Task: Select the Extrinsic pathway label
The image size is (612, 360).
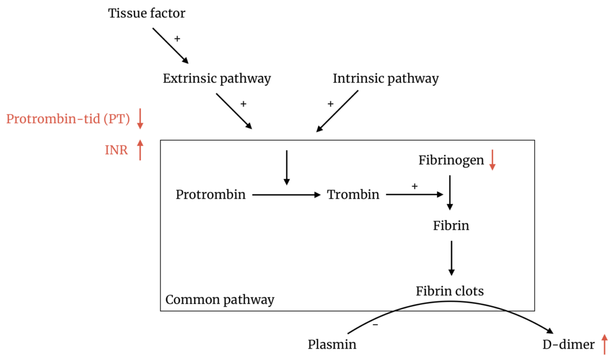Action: pyautogui.click(x=217, y=78)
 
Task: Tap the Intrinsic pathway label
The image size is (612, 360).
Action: pyautogui.click(x=385, y=78)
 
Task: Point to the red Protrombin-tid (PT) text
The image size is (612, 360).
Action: pyautogui.click(x=68, y=118)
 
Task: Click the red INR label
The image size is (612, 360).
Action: pyautogui.click(x=117, y=150)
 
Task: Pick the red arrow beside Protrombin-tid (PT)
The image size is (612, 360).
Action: pyautogui.click(x=140, y=118)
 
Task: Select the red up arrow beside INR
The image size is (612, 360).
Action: pyautogui.click(x=140, y=150)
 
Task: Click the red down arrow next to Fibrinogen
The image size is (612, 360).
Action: pyautogui.click(x=492, y=160)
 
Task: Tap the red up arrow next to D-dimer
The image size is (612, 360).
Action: pyautogui.click(x=604, y=344)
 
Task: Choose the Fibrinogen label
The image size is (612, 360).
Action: pyautogui.click(x=451, y=160)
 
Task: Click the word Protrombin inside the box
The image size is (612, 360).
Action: pyautogui.click(x=211, y=194)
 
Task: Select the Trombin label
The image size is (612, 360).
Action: pyautogui.click(x=353, y=194)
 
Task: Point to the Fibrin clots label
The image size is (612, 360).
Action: pyautogui.click(x=450, y=291)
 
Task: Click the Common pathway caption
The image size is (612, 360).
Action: pyautogui.click(x=219, y=300)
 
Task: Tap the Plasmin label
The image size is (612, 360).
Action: pyautogui.click(x=332, y=344)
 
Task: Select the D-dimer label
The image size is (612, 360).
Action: pyautogui.click(x=568, y=344)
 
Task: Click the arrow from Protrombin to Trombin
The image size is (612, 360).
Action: pyautogui.click(x=287, y=194)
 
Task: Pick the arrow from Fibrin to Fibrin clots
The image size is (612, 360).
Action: pyautogui.click(x=451, y=258)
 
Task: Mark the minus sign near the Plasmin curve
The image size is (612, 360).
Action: pyautogui.click(x=375, y=325)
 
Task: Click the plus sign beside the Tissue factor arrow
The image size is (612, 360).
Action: pyautogui.click(x=177, y=38)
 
